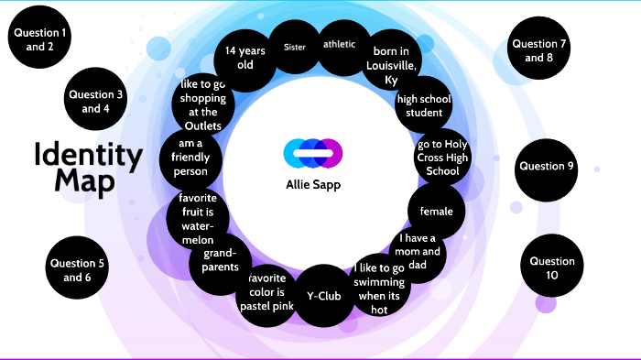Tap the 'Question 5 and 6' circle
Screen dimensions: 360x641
tap(78, 269)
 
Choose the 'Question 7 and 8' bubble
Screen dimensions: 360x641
tap(538, 50)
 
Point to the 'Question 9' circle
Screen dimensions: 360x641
tap(546, 167)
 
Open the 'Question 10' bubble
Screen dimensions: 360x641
tap(551, 268)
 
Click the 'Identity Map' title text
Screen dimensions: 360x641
tap(87, 167)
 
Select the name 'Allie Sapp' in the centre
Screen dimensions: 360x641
tap(313, 182)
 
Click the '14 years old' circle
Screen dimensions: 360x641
tap(244, 57)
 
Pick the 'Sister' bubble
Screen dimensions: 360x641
tap(295, 47)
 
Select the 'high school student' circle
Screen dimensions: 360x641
tap(424, 105)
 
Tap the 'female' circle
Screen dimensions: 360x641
tap(436, 212)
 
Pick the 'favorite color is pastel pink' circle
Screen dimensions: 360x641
tap(266, 291)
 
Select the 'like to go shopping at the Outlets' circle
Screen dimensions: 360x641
tap(202, 104)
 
